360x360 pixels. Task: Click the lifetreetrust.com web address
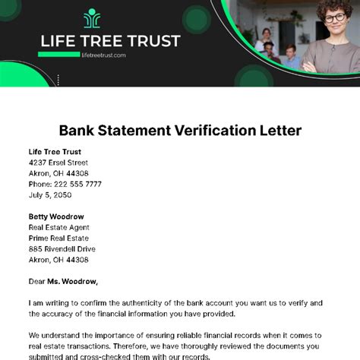tap(103, 55)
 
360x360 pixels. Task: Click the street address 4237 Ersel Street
tap(58, 162)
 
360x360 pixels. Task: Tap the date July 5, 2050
tap(49, 194)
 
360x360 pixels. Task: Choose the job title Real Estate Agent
tap(59, 227)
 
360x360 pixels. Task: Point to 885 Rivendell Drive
tap(62, 248)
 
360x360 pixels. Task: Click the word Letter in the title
tap(280, 130)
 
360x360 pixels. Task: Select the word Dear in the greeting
tap(38, 281)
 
